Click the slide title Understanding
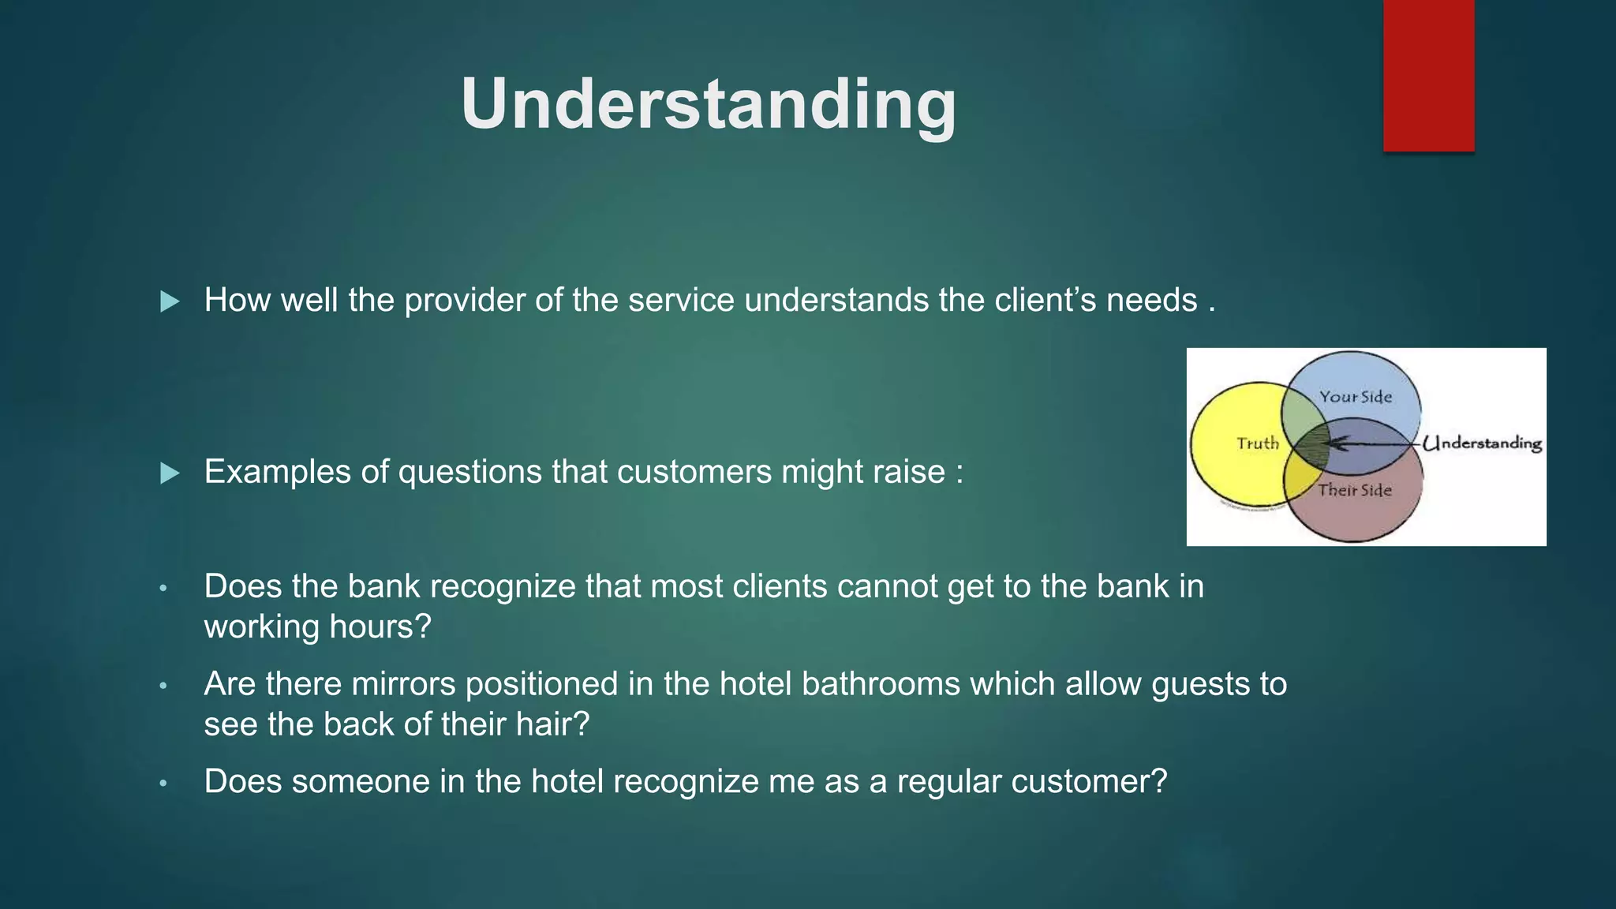click(708, 104)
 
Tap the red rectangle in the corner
click(1428, 75)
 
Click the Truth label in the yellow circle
click(1257, 443)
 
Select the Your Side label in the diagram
click(1356, 397)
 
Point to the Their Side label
click(1355, 490)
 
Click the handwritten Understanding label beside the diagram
click(1483, 443)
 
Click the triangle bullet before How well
click(170, 301)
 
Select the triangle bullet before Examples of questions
click(170, 473)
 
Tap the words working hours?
click(317, 627)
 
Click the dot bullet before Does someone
click(163, 784)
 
